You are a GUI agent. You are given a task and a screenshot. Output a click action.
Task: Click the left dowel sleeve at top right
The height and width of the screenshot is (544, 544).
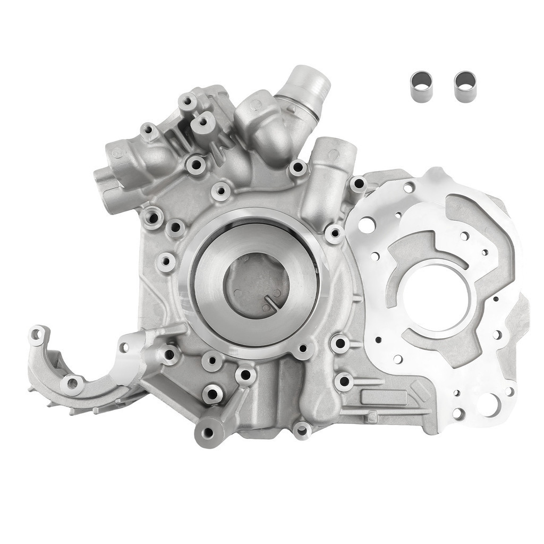[421, 87]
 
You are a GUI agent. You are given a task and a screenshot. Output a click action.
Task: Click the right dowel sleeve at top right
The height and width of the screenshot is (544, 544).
[465, 87]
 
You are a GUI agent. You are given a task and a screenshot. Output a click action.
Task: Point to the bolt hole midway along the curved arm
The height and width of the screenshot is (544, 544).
[73, 383]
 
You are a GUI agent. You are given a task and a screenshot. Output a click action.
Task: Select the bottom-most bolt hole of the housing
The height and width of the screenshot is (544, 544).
[302, 429]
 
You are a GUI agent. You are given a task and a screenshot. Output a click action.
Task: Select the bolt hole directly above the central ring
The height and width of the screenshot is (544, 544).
[220, 191]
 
